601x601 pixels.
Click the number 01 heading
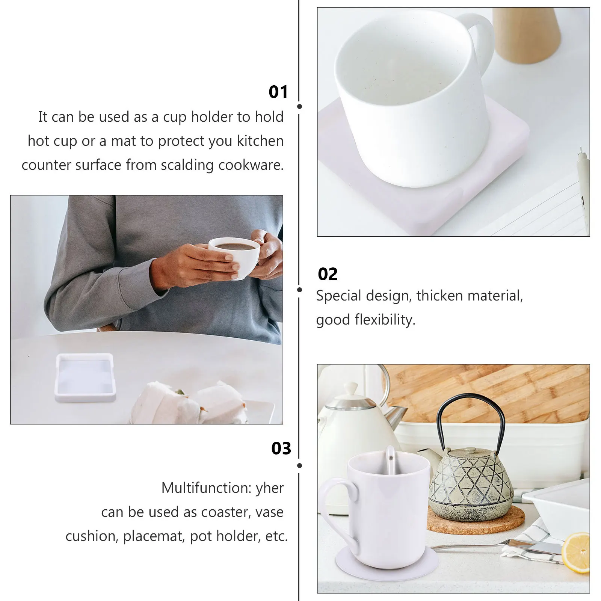coord(278,92)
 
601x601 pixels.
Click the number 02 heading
coord(328,275)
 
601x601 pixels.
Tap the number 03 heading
coord(281,448)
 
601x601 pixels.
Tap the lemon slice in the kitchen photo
coord(577,552)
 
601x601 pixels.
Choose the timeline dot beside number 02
coord(299,290)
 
